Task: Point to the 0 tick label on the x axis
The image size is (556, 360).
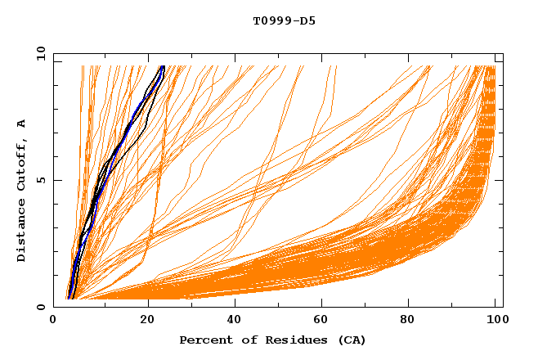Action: pos(53,321)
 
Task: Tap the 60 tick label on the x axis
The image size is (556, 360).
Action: pos(323,321)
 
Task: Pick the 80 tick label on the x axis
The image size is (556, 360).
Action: pos(413,321)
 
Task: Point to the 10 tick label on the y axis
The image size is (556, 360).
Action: pos(41,53)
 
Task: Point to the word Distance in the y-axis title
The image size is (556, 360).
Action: pos(21,231)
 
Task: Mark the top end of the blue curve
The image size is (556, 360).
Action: pos(163,66)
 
